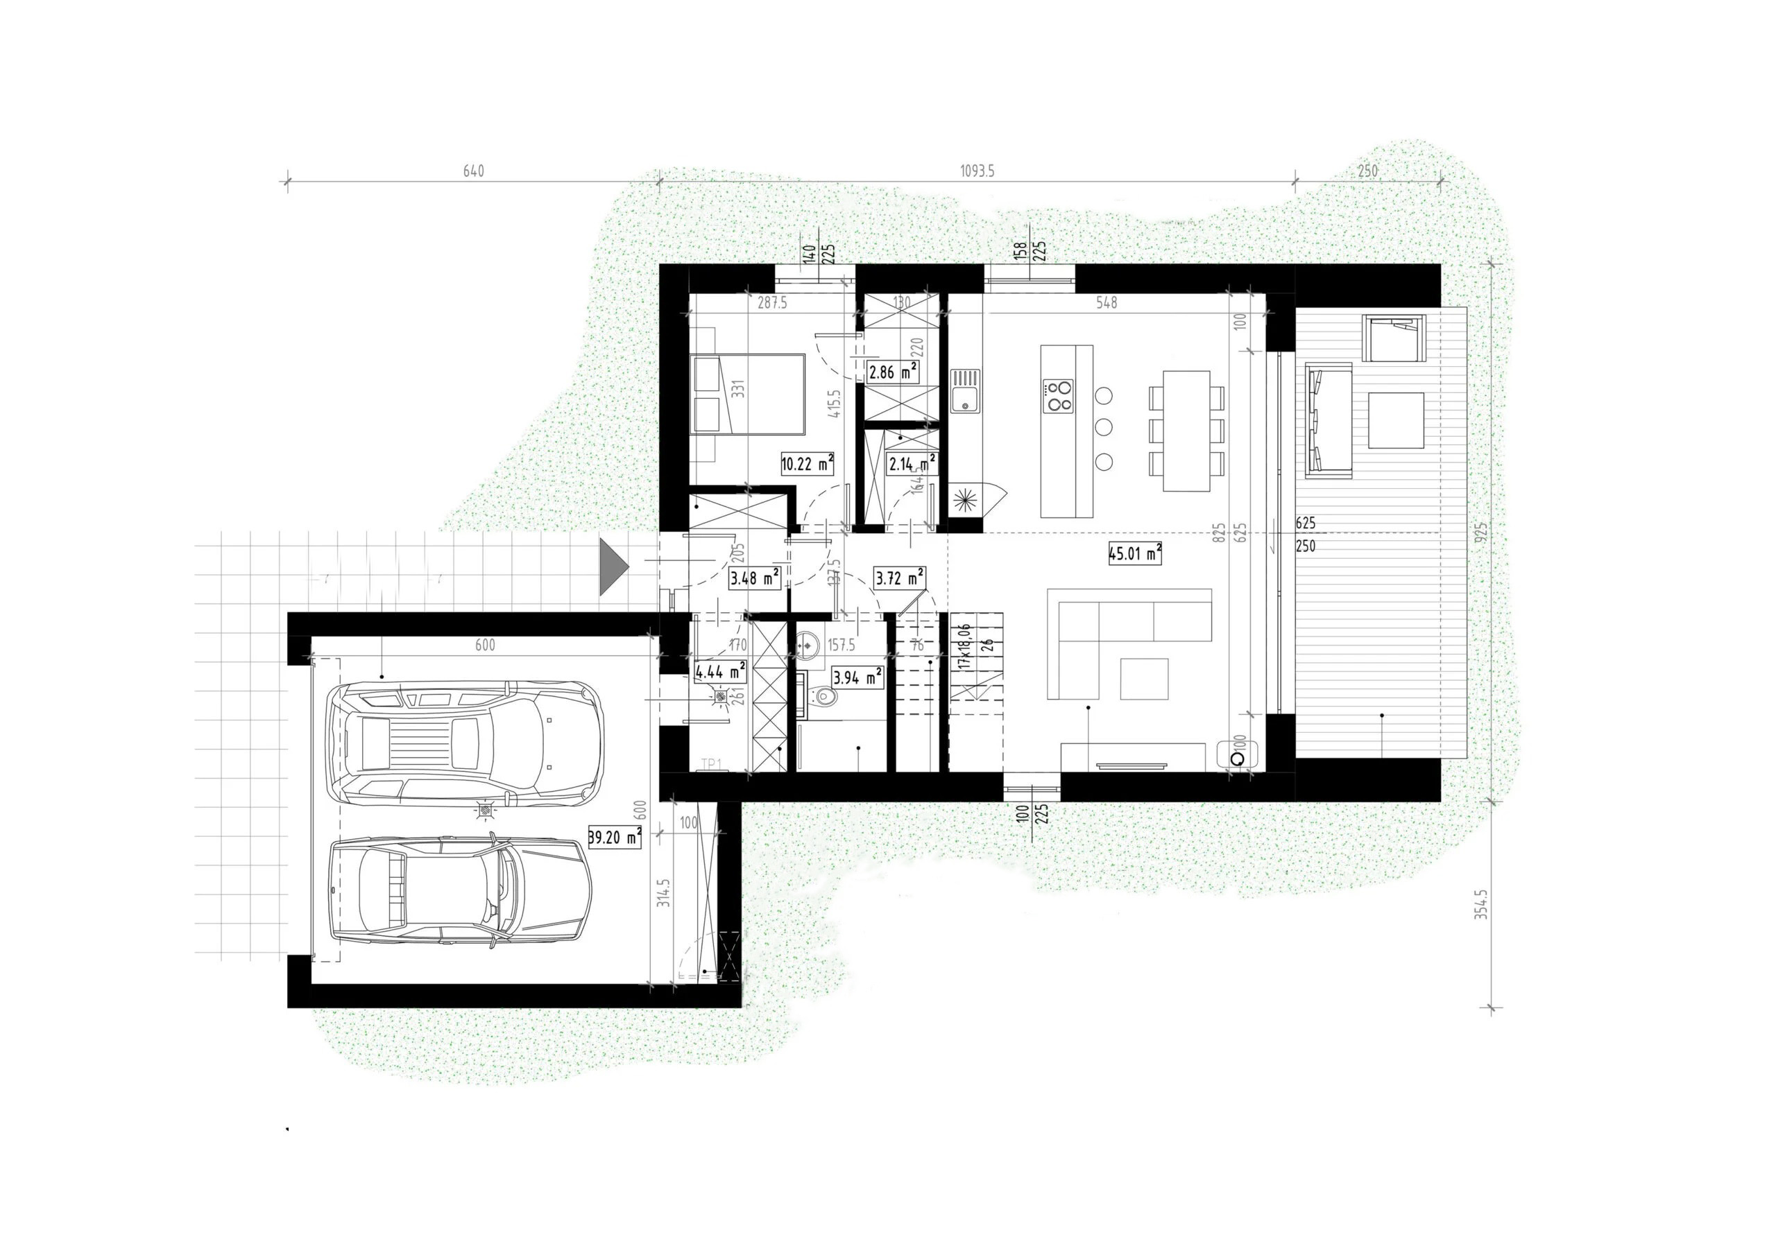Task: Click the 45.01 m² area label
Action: tap(1135, 553)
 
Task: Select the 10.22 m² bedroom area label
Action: tap(807, 464)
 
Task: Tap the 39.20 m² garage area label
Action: tap(614, 837)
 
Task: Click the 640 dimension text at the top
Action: tap(473, 171)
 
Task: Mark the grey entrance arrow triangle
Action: tap(613, 568)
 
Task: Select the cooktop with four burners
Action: tap(1057, 396)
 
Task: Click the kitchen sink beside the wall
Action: tap(964, 391)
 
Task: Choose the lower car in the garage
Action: tap(459, 891)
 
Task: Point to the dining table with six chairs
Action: tap(1186, 430)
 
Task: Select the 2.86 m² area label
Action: tap(893, 372)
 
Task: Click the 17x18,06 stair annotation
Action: tap(964, 646)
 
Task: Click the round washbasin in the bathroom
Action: tap(808, 642)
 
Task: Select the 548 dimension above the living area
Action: tap(1106, 303)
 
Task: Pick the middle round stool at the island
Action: tap(1104, 428)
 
